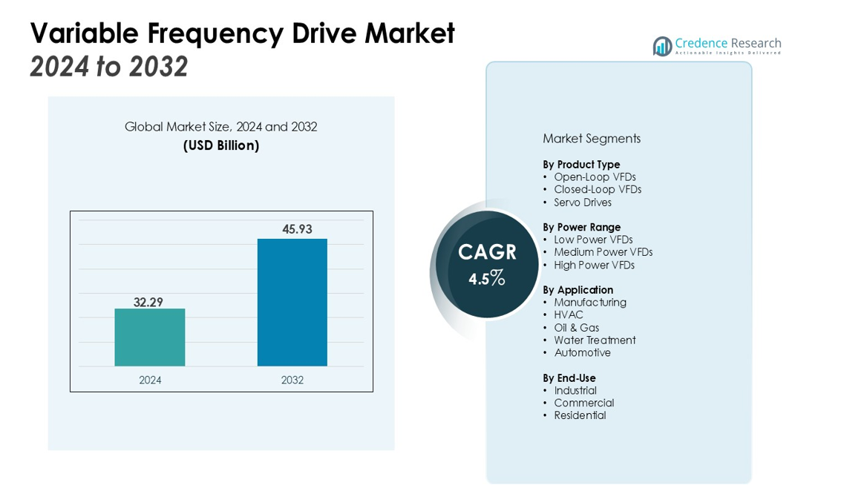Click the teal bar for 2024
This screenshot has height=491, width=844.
point(149,337)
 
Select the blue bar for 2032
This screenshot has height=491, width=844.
point(292,302)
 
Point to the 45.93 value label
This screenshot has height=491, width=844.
point(297,229)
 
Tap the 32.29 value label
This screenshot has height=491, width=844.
point(148,302)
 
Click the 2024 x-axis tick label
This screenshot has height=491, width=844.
point(150,380)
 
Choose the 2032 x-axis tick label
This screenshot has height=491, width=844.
point(292,380)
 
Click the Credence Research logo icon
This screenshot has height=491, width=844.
point(662,46)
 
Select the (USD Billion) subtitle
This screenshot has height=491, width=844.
point(221,145)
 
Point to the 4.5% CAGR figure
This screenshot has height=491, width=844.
point(487,279)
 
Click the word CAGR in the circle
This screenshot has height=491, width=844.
point(487,252)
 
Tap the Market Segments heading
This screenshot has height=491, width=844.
point(592,139)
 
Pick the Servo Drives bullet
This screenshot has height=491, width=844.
point(583,202)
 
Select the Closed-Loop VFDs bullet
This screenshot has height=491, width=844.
point(598,189)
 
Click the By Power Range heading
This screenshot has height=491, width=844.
point(581,227)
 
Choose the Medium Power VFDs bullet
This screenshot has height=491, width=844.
point(603,252)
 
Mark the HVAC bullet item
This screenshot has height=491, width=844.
point(569,314)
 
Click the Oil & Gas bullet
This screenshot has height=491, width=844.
point(576,328)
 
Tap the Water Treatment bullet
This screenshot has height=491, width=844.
point(595,340)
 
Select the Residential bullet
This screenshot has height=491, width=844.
point(580,415)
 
